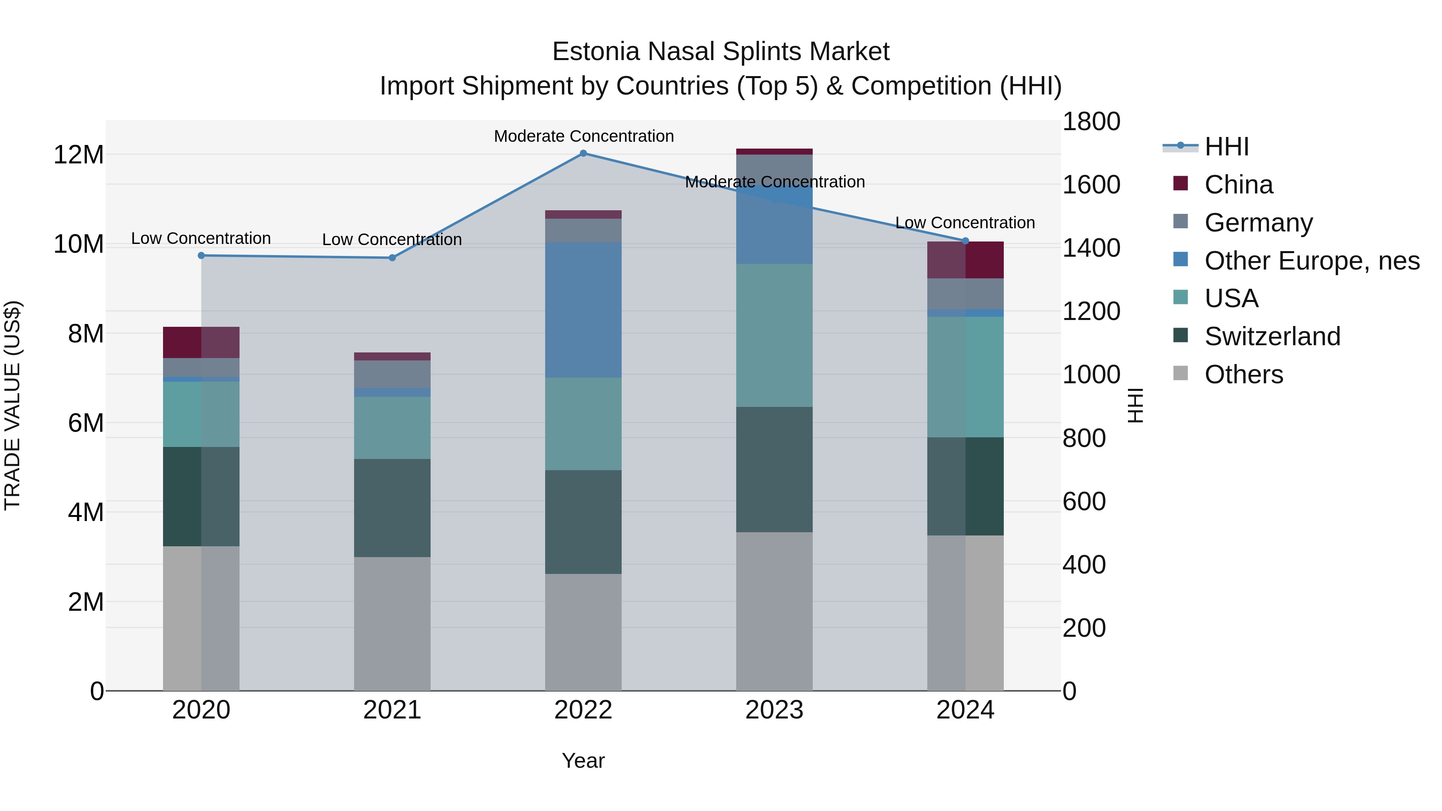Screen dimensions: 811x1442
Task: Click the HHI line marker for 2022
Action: [583, 153]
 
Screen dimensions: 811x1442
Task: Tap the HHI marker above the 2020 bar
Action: [201, 256]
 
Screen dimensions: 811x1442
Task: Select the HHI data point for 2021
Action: [393, 258]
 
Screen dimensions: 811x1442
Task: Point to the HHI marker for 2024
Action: [965, 241]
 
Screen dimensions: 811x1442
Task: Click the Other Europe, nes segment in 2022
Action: [583, 310]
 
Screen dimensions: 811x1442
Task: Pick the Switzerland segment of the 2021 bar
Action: [393, 508]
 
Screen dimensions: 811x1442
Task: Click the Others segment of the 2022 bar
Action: [583, 632]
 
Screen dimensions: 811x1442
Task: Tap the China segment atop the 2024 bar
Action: [965, 260]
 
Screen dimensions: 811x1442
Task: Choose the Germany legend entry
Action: [1259, 223]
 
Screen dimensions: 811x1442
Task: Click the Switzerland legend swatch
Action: [1180, 336]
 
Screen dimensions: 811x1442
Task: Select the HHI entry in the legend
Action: [1226, 147]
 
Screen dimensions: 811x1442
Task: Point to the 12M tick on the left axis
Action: [79, 155]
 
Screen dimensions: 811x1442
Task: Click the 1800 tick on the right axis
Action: [1091, 122]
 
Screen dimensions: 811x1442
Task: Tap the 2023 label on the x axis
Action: [774, 710]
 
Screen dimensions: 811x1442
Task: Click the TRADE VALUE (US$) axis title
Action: [13, 405]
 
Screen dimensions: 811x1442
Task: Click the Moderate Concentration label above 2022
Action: [583, 137]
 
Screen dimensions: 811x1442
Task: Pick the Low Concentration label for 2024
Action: [965, 223]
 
